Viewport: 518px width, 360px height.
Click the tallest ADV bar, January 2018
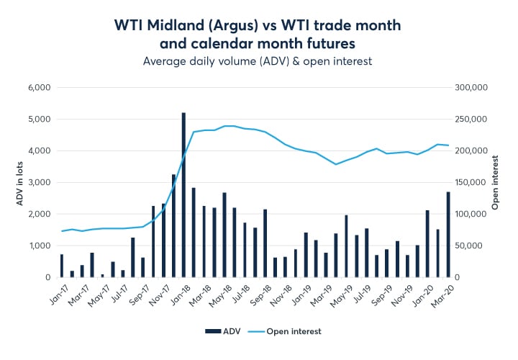click(183, 194)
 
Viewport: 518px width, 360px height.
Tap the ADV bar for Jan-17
click(62, 266)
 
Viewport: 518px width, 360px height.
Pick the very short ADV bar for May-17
click(102, 275)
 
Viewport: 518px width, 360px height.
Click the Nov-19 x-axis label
click(400, 295)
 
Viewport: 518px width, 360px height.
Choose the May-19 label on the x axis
click(339, 295)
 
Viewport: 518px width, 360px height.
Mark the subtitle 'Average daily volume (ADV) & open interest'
click(258, 61)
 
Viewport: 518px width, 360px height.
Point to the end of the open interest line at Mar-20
click(449, 145)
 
